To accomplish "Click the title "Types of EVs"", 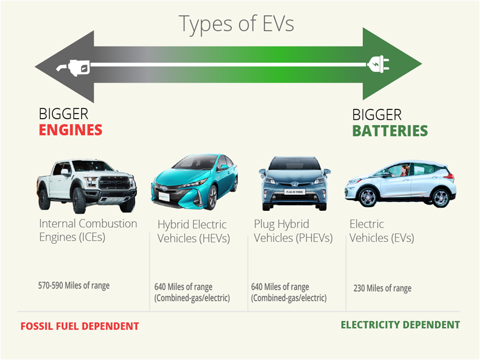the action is pyautogui.click(x=236, y=24).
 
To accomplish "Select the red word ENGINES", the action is pyautogui.click(x=70, y=130).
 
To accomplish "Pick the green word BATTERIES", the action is pyautogui.click(x=390, y=131).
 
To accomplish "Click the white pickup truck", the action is pyautogui.click(x=86, y=184).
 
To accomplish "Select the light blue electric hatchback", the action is pyautogui.click(x=400, y=184).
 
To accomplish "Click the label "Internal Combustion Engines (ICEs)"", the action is pyautogui.click(x=87, y=230).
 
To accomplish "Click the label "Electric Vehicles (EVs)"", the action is pyautogui.click(x=381, y=230).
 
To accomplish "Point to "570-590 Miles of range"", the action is pyautogui.click(x=74, y=285).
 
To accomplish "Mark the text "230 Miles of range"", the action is pyautogui.click(x=382, y=288).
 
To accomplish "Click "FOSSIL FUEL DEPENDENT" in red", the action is pyautogui.click(x=79, y=326).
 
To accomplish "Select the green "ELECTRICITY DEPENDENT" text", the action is pyautogui.click(x=400, y=325).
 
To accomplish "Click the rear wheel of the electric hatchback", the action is pyautogui.click(x=440, y=198).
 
